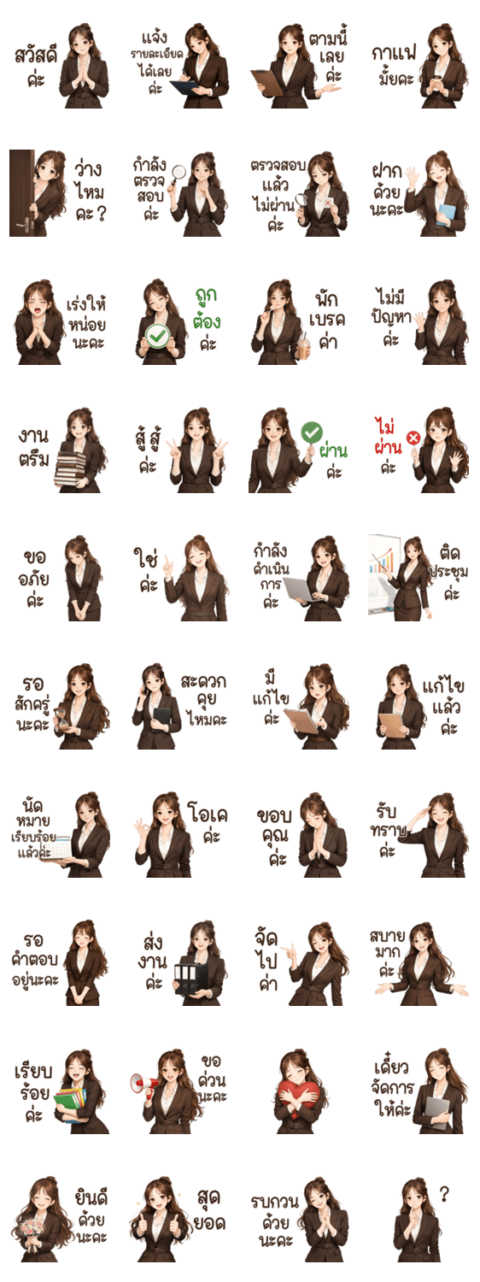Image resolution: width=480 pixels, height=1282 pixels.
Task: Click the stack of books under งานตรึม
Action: click(x=70, y=469)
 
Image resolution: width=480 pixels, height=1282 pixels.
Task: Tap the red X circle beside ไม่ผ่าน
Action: click(x=413, y=438)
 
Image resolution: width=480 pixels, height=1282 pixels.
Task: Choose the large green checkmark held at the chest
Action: click(x=158, y=336)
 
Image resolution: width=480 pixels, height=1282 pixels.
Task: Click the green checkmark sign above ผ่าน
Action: click(x=312, y=432)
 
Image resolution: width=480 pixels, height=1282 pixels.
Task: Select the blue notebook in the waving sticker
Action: click(x=447, y=215)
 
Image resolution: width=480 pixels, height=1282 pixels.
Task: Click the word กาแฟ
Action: click(x=395, y=54)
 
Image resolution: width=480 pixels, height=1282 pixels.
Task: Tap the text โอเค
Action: click(x=208, y=813)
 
